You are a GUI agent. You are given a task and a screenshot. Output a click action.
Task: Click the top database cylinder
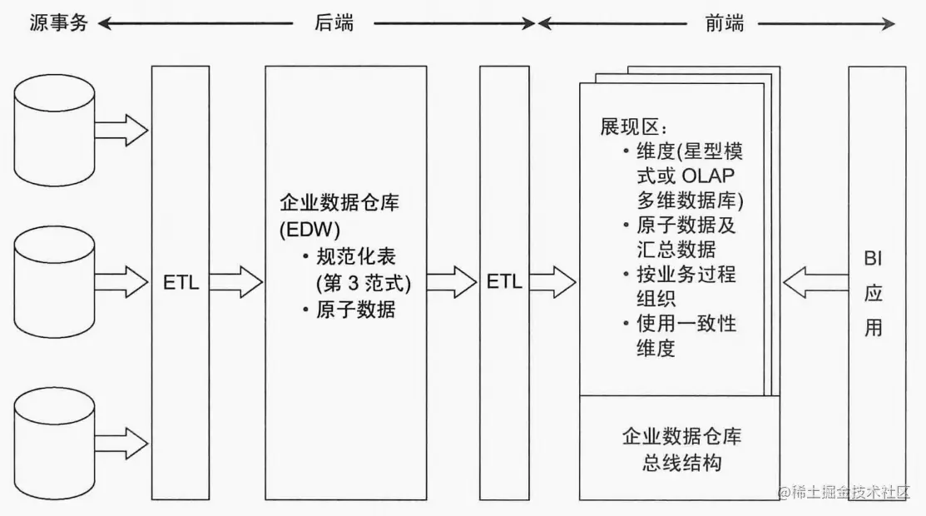click(x=55, y=130)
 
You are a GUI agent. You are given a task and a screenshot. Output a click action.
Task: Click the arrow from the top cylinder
click(x=121, y=130)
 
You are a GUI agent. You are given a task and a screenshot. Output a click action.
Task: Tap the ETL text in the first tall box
click(x=181, y=281)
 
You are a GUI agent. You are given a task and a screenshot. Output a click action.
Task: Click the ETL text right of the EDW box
click(x=504, y=281)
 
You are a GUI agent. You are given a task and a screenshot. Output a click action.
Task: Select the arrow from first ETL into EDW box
click(x=236, y=281)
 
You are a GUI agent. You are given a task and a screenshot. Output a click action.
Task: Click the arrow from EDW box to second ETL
click(x=451, y=281)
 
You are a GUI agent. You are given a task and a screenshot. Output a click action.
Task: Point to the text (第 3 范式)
click(x=363, y=283)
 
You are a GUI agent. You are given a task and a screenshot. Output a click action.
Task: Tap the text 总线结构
click(x=682, y=463)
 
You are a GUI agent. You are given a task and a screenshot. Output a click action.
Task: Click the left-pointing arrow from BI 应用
click(x=812, y=281)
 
